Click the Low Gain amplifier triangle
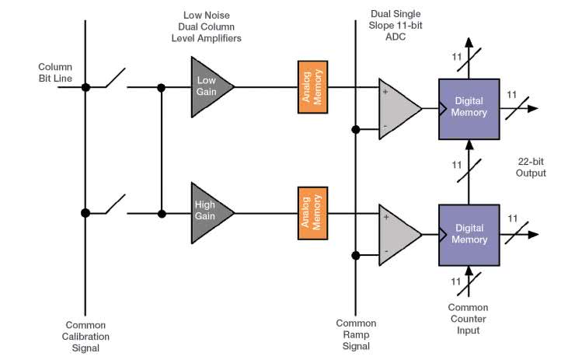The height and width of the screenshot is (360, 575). tap(208, 86)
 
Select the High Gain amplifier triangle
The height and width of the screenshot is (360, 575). tap(208, 211)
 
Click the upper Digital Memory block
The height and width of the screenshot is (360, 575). tap(469, 107)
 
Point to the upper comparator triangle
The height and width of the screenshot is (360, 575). tap(396, 107)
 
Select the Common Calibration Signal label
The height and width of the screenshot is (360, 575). tap(86, 336)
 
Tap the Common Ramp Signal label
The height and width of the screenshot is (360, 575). tap(356, 334)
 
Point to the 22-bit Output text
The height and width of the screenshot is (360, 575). tap(531, 167)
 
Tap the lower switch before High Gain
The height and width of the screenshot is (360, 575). tap(115, 205)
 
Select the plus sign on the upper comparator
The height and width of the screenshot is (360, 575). tap(385, 92)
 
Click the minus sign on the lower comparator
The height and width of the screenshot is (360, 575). tap(385, 251)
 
